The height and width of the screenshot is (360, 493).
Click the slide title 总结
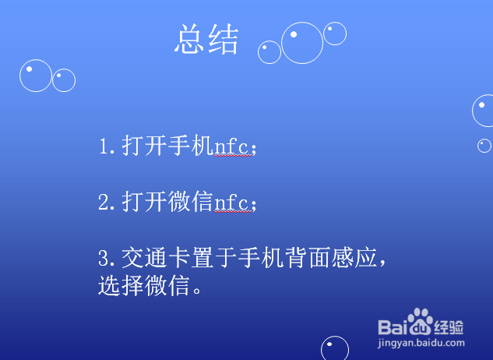[x=206, y=40]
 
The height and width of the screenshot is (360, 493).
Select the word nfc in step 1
[x=233, y=146]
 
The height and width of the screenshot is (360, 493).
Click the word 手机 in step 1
[x=191, y=146]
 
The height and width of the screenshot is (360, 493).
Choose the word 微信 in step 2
[x=191, y=203]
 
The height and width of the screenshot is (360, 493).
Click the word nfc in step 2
[x=233, y=203]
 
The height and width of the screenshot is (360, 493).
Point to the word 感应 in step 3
[x=339, y=258]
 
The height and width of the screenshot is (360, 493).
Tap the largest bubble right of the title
[x=302, y=43]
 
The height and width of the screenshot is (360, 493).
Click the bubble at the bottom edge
[x=335, y=349]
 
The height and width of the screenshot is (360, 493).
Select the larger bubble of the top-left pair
[x=36, y=76]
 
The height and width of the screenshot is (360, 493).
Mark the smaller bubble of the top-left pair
[x=64, y=79]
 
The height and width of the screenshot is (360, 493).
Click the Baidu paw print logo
[x=421, y=321]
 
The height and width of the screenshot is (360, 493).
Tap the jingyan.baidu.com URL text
[x=421, y=342]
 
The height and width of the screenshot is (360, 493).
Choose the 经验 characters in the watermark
[x=450, y=326]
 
